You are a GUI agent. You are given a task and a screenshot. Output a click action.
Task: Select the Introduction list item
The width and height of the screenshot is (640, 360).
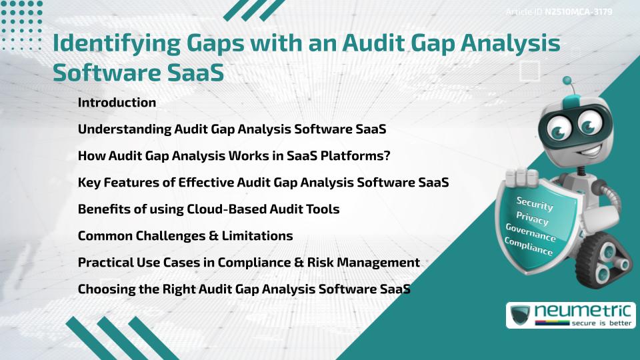[117, 103]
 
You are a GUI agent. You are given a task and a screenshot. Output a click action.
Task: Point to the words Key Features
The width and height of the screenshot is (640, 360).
[117, 183]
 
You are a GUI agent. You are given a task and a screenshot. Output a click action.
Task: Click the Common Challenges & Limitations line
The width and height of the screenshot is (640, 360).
[185, 236]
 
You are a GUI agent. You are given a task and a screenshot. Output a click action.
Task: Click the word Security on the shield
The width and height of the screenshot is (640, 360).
[534, 203]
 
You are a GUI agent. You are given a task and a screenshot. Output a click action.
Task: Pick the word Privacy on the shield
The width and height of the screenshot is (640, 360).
[532, 219]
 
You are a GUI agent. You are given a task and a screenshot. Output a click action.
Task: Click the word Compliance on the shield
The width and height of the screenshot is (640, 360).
[529, 247]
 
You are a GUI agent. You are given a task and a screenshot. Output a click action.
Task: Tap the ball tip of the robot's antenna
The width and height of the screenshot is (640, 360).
[567, 81]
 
